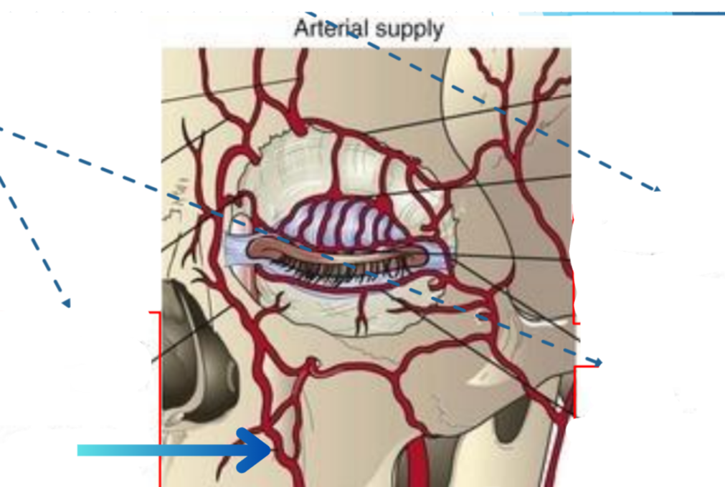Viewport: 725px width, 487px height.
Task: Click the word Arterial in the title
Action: (x=331, y=29)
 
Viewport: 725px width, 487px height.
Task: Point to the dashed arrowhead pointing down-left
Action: (x=65, y=302)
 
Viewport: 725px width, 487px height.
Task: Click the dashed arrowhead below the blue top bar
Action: (x=655, y=188)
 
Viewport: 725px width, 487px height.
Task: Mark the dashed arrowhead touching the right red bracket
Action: (x=596, y=362)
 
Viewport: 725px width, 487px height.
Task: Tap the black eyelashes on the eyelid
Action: (x=337, y=270)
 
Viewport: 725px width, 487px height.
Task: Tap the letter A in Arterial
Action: (x=301, y=29)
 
